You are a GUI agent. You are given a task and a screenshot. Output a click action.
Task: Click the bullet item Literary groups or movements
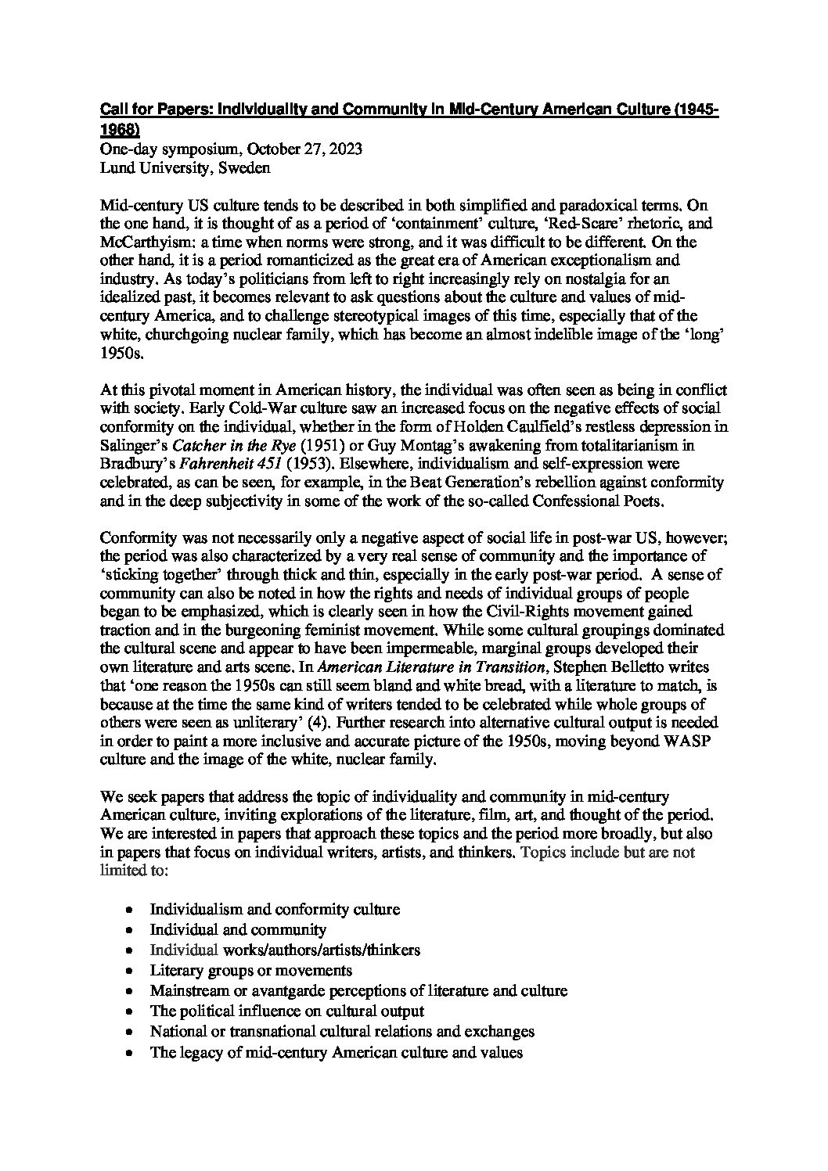click(x=251, y=971)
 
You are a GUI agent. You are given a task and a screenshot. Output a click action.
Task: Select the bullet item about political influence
click(x=287, y=1011)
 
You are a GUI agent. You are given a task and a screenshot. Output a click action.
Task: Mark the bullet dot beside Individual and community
click(x=129, y=931)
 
